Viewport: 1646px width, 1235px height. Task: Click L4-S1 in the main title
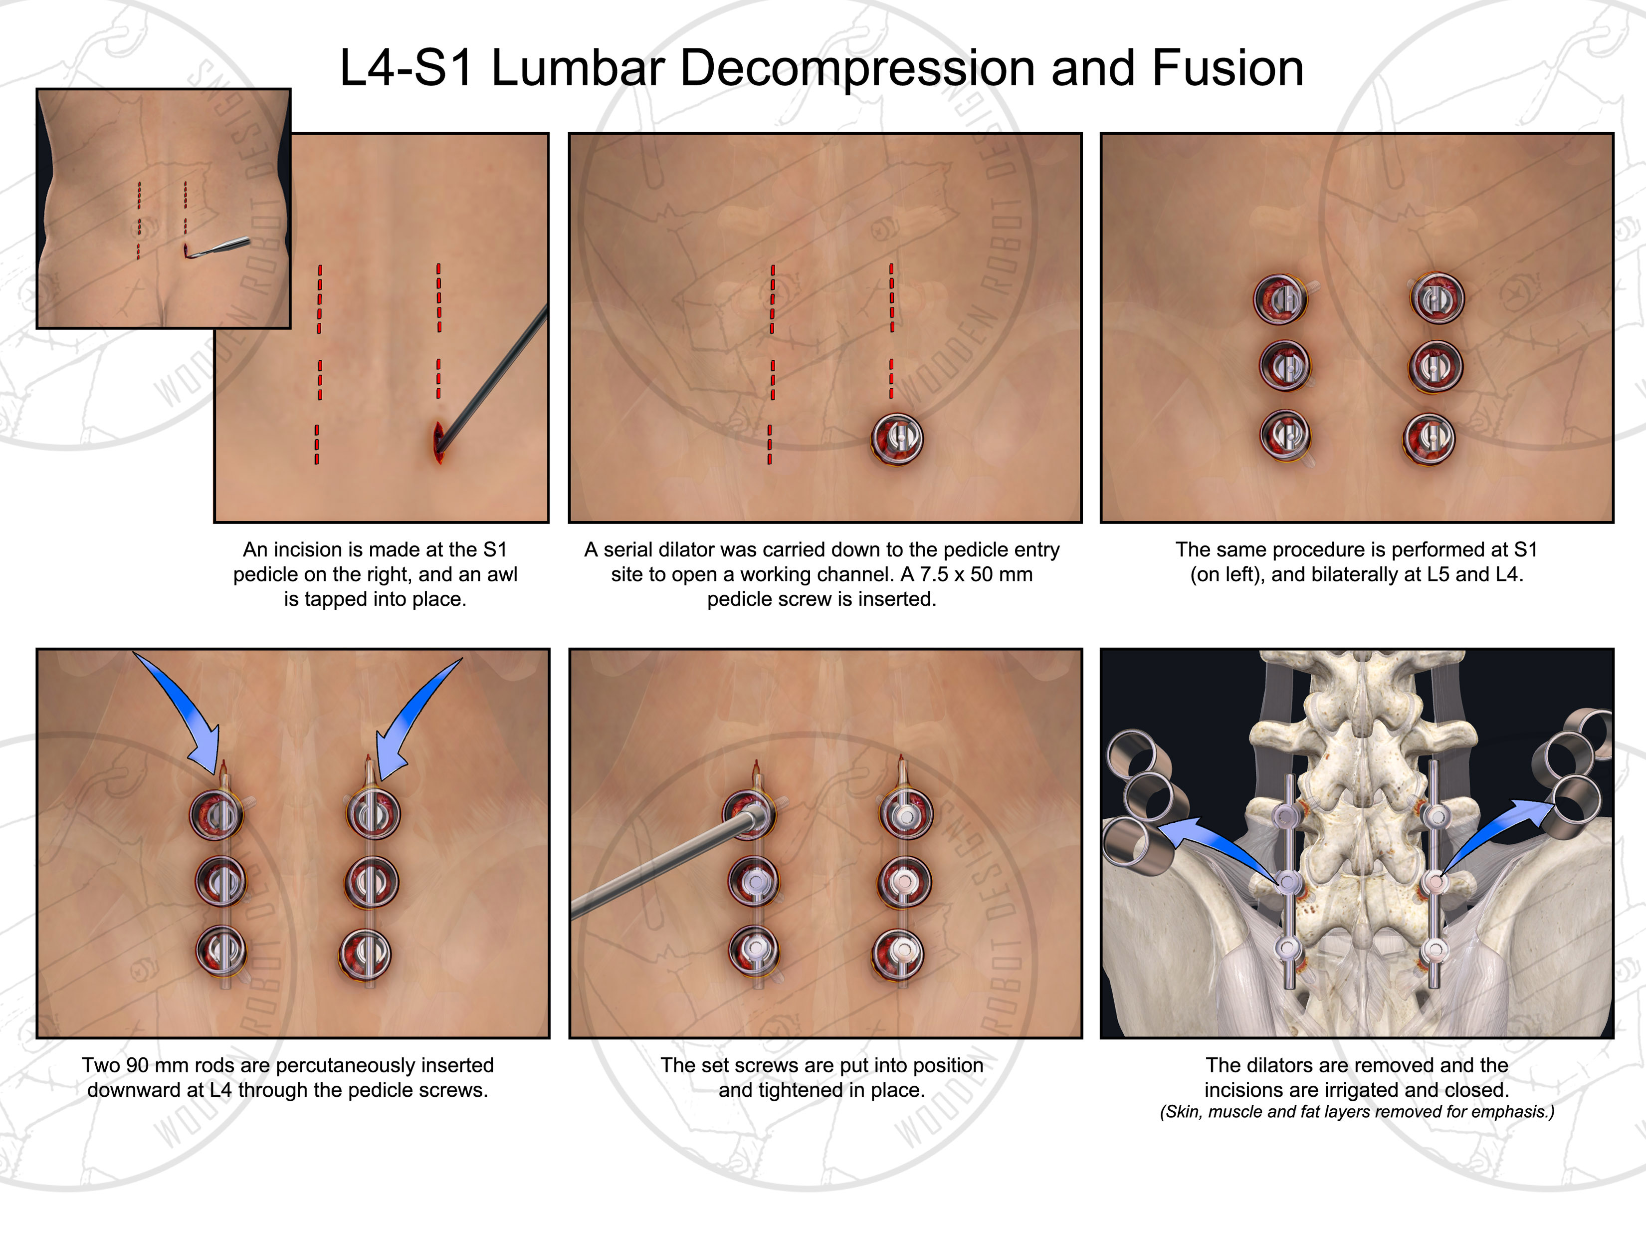pyautogui.click(x=406, y=68)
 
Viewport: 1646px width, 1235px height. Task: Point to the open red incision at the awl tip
pyautogui.click(x=438, y=442)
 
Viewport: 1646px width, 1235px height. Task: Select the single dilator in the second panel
pyautogui.click(x=897, y=439)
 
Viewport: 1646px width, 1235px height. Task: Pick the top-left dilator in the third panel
pyautogui.click(x=1280, y=298)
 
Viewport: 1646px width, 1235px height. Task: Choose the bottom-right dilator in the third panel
pyautogui.click(x=1429, y=439)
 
